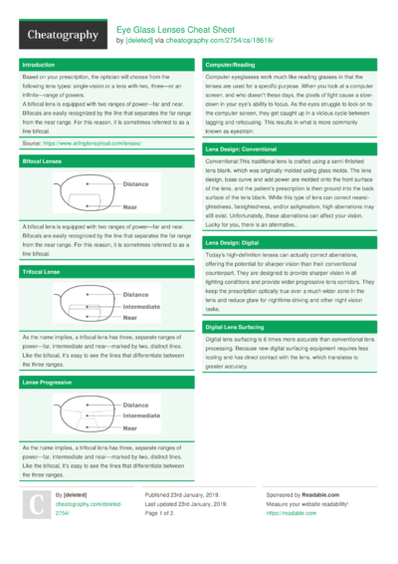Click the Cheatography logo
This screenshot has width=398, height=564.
click(61, 35)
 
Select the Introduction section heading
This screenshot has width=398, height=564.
click(39, 64)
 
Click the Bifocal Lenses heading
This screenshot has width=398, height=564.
click(43, 160)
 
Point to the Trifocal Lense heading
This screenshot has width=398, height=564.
click(42, 271)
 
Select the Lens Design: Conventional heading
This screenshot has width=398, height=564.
click(248, 147)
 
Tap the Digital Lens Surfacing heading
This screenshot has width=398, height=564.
click(235, 327)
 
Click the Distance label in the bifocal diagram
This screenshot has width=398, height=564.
click(135, 184)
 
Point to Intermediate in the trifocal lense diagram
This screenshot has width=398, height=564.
click(144, 307)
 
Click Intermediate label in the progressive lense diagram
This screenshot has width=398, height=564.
click(144, 417)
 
